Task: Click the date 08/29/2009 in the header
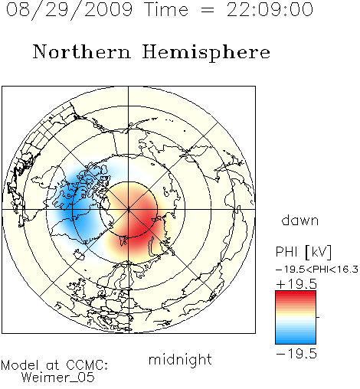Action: [69, 10]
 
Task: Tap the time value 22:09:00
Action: [270, 9]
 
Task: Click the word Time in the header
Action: [166, 9]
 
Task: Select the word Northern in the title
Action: [82, 51]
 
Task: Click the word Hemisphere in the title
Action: [206, 52]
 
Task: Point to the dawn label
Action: [300, 220]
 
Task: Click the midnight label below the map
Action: [180, 359]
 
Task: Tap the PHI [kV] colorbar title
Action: [303, 252]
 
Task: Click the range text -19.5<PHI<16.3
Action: [317, 270]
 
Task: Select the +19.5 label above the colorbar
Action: [296, 284]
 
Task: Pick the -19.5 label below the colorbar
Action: [296, 354]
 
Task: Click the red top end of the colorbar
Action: [296, 293]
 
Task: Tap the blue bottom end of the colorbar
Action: [296, 342]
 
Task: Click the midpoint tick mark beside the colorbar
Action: [318, 317]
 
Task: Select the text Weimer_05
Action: [58, 377]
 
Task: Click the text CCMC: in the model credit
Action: [87, 365]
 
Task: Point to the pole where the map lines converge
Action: [129, 210]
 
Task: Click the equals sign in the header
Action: [208, 10]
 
